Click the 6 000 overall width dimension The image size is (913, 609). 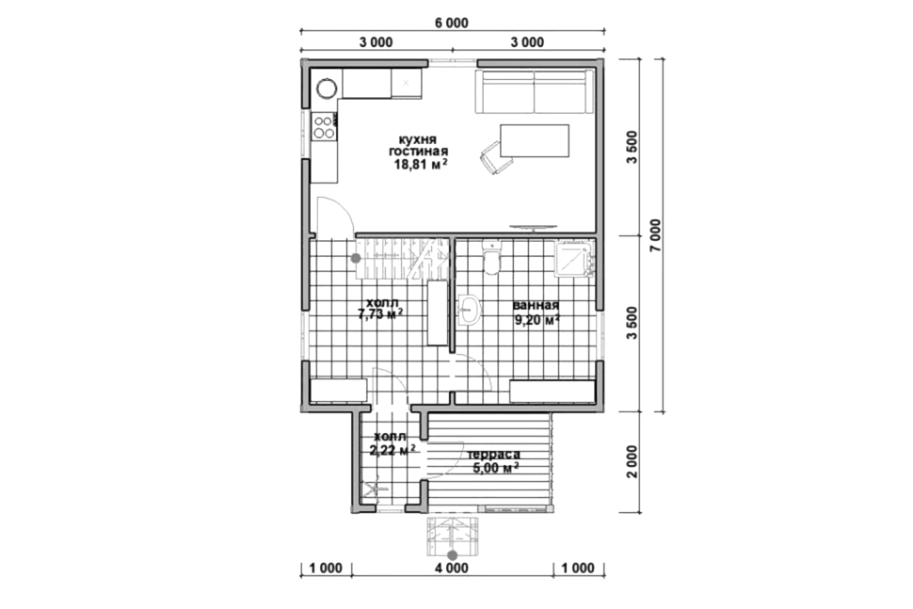click(x=451, y=24)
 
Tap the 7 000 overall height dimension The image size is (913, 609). click(x=656, y=235)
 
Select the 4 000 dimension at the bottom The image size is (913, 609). click(x=452, y=569)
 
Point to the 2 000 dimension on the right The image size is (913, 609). click(x=633, y=462)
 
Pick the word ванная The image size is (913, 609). click(x=536, y=306)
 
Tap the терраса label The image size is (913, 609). click(x=494, y=454)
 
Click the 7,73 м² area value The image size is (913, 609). click(x=381, y=314)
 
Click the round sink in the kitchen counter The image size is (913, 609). click(x=327, y=88)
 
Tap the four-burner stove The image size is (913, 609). click(x=324, y=127)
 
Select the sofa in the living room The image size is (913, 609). click(x=535, y=91)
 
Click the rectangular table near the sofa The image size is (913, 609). click(x=535, y=141)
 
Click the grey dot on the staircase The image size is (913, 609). click(x=356, y=258)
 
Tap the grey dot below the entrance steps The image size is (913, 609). click(x=453, y=556)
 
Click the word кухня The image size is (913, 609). click(x=418, y=139)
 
